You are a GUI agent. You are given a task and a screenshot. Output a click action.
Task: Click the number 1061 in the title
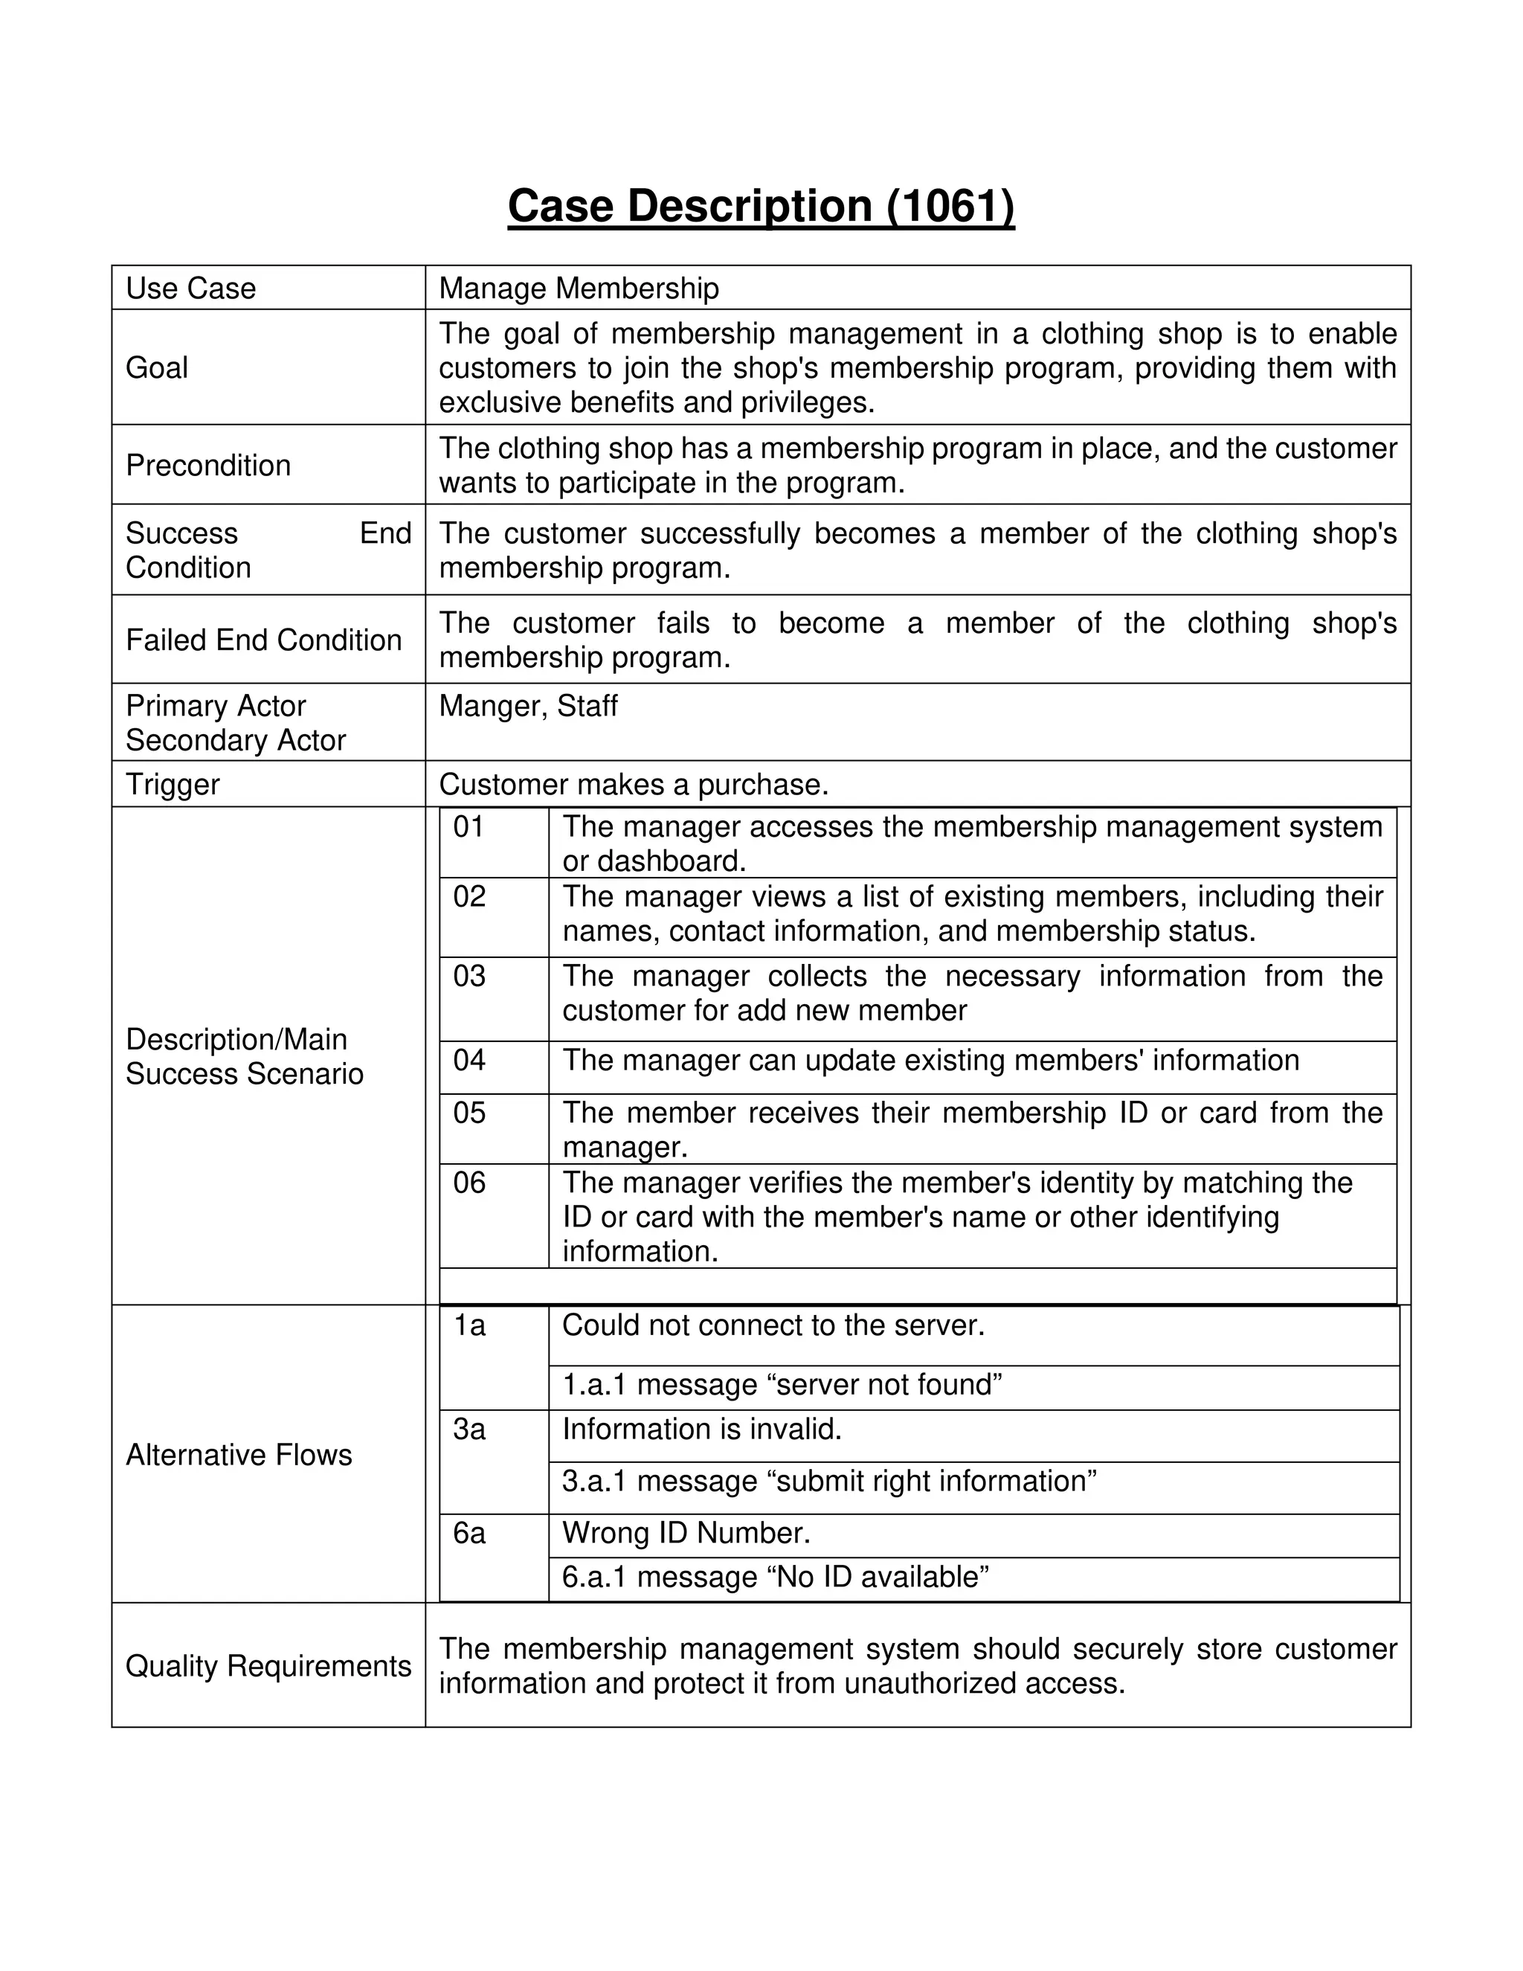pos(950,206)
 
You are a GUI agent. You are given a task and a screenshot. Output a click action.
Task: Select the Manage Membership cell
pos(579,288)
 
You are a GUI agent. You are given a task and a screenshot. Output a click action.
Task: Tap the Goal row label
pos(157,367)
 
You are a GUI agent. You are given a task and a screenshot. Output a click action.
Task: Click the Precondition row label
pos(208,465)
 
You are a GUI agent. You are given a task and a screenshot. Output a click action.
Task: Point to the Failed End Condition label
pos(263,640)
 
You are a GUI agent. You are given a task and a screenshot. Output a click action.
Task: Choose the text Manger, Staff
pos(528,706)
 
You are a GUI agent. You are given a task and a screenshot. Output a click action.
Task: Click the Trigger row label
pos(173,784)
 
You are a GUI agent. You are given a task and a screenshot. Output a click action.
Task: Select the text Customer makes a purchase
pos(634,784)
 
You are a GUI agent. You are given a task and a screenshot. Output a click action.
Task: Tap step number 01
pos(469,826)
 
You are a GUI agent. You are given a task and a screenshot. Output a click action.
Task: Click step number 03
pos(469,976)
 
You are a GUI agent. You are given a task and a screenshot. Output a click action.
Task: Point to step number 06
pos(469,1183)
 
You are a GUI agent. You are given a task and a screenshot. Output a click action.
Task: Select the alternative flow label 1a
pos(469,1325)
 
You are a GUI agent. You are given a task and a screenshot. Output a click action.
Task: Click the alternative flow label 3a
pos(469,1429)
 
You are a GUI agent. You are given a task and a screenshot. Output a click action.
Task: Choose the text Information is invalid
pos(701,1429)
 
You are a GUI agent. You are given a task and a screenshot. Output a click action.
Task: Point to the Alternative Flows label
pos(239,1455)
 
